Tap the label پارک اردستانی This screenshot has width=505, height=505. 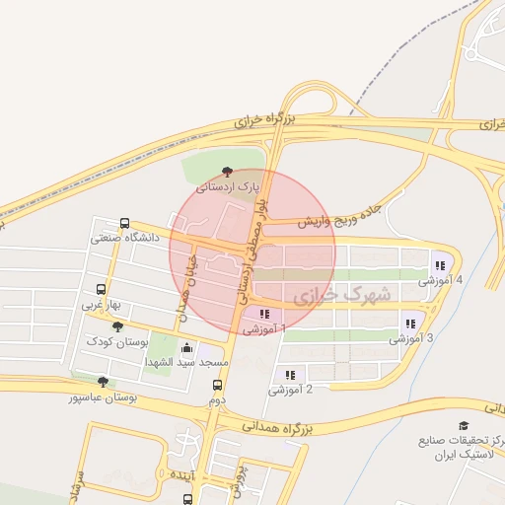pyautogui.click(x=228, y=186)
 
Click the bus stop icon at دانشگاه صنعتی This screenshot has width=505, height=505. pyautogui.click(x=124, y=224)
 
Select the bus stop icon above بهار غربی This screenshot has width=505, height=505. pyautogui.click(x=101, y=290)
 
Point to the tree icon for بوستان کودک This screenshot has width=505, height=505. pyautogui.click(x=118, y=326)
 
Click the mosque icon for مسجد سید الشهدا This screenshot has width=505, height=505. pyautogui.click(x=187, y=348)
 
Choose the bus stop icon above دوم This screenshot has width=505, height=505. pyautogui.click(x=218, y=387)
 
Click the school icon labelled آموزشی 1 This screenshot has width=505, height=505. pyautogui.click(x=263, y=314)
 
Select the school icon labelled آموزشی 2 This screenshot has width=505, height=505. pyautogui.click(x=290, y=375)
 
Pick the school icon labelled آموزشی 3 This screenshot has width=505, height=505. pyautogui.click(x=410, y=324)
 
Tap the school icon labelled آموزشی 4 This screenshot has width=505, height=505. pyautogui.click(x=439, y=265)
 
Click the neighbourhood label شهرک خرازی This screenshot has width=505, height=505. pyautogui.click(x=342, y=294)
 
